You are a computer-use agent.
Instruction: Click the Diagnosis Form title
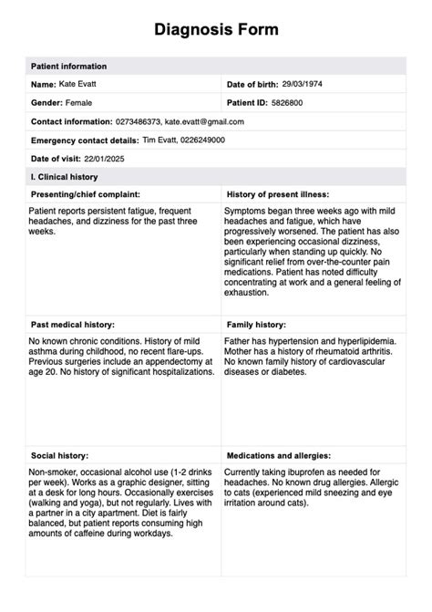tap(216, 29)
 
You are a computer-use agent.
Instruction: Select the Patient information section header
tap(68, 67)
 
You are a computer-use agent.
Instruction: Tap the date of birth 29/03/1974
tap(302, 84)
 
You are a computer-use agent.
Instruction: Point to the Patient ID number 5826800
tap(287, 103)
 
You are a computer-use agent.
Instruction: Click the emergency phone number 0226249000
tap(205, 140)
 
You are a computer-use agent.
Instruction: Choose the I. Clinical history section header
tap(65, 177)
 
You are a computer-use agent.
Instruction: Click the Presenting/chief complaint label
tap(86, 194)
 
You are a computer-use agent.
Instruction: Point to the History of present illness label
tap(277, 194)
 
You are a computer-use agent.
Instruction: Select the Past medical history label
tap(72, 324)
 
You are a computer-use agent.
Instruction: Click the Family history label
tap(259, 324)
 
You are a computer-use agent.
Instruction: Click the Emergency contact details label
tap(85, 140)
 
